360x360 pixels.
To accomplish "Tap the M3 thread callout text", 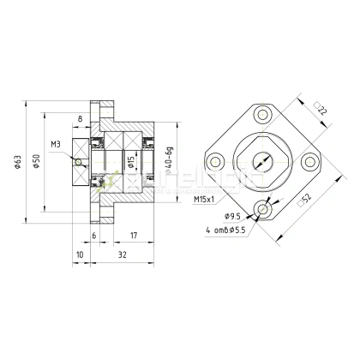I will click(56, 144).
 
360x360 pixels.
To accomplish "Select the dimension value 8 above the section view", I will click(80, 120).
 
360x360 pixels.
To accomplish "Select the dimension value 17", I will click(133, 235).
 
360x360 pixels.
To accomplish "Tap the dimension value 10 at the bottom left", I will click(80, 255).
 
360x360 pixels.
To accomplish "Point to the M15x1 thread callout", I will click(203, 199).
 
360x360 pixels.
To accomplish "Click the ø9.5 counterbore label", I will click(231, 216).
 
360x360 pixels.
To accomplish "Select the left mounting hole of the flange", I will click(215, 160).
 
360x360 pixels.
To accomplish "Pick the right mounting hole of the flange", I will click(309, 160).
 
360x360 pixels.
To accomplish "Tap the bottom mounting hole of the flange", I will click(262, 207).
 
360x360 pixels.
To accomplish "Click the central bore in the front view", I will click(262, 160).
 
